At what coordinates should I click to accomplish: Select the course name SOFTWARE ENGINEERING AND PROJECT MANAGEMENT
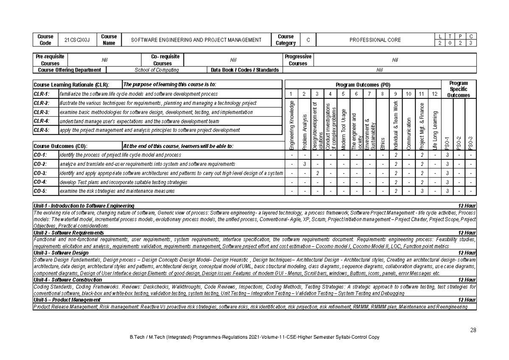pyautogui.click(x=196, y=40)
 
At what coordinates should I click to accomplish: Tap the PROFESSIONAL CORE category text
pyautogui.click(x=375, y=40)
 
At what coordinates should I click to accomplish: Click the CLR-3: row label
pyautogui.click(x=41, y=112)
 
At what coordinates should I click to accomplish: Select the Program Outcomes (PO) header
pyautogui.click(x=363, y=85)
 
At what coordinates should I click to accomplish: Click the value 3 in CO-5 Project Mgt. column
pyautogui.click(x=422, y=191)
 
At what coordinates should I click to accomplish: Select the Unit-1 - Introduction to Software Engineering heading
pyautogui.click(x=84, y=206)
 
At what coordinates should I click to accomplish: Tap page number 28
pyautogui.click(x=473, y=330)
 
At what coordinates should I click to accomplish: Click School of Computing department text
pyautogui.click(x=157, y=70)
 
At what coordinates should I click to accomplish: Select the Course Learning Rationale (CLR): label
pyautogui.click(x=71, y=85)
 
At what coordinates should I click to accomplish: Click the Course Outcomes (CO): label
pyautogui.click(x=61, y=146)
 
